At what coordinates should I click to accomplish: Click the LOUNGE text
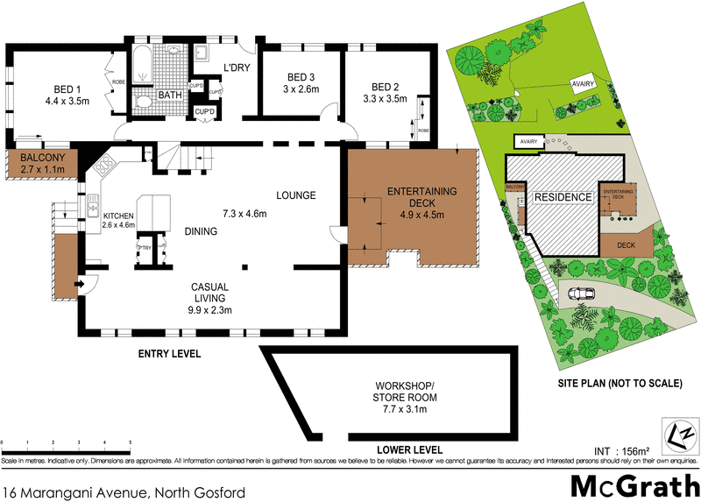tap(295, 195)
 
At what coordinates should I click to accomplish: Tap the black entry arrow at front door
tap(77, 283)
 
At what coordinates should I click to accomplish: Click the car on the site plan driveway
tap(579, 293)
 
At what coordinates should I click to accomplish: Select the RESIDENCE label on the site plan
tap(563, 197)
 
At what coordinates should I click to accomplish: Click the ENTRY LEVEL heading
tap(168, 355)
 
